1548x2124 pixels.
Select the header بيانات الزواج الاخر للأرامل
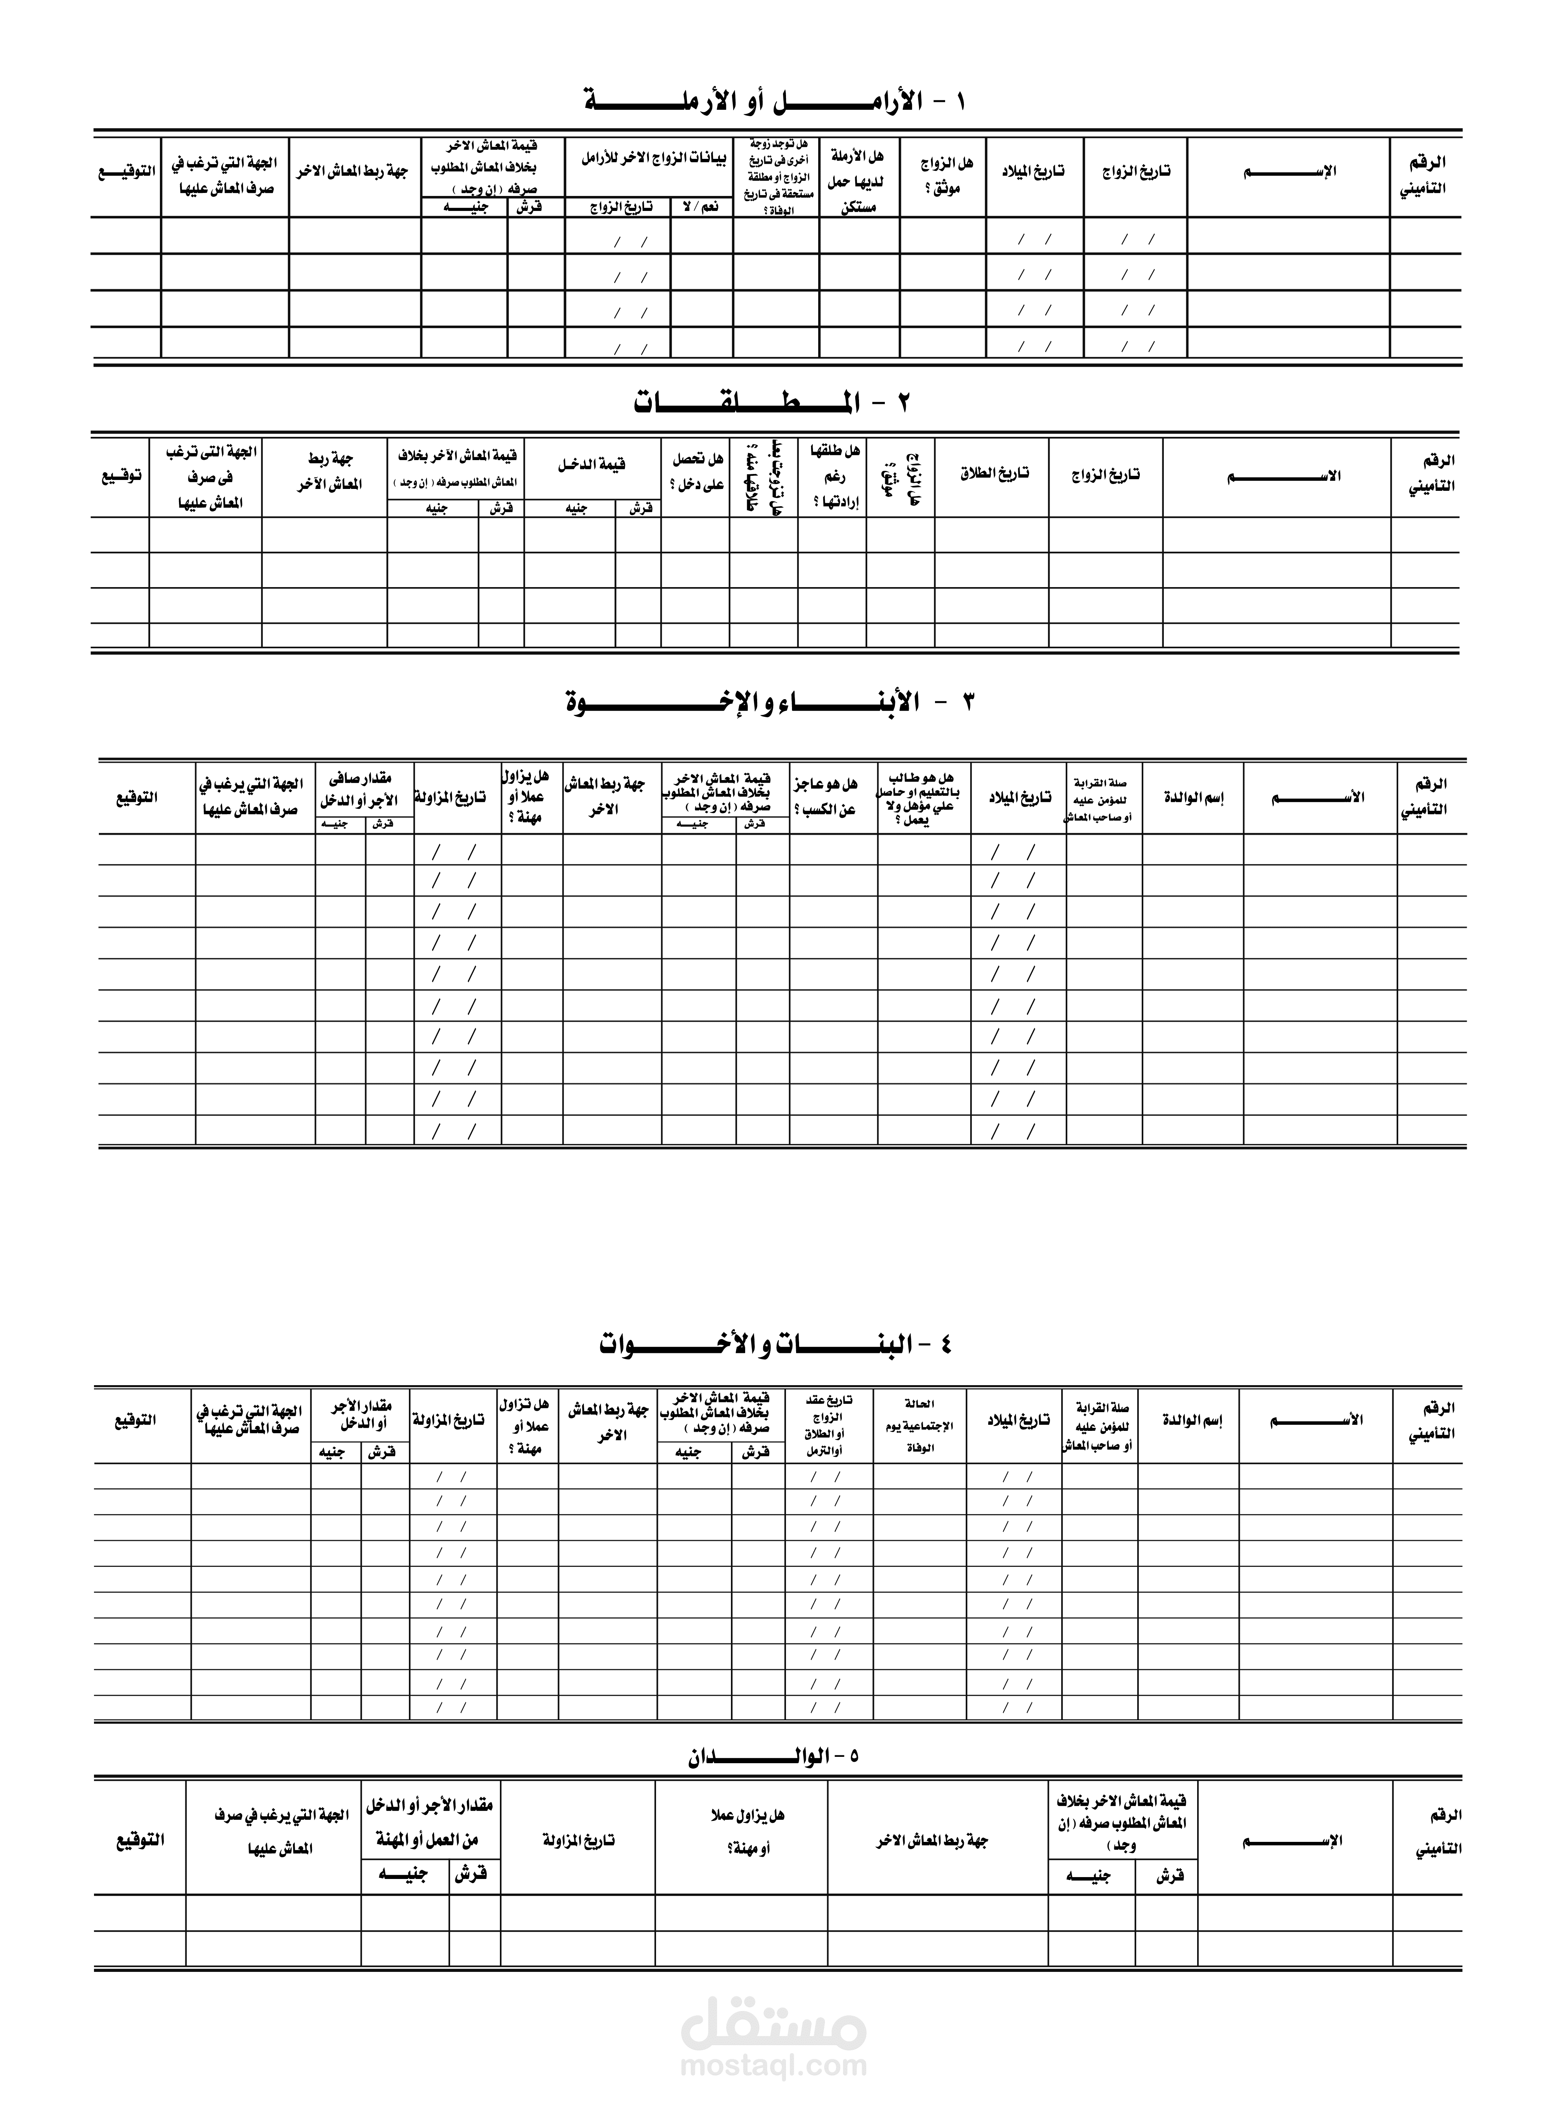653,159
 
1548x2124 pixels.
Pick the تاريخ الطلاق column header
993,473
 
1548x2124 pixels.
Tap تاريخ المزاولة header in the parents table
578,1840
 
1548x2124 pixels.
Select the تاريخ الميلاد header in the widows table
1035,172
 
